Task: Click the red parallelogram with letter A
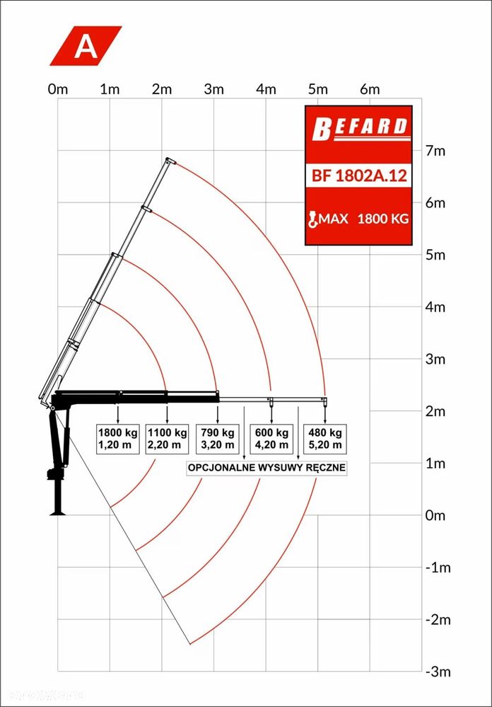click(x=86, y=45)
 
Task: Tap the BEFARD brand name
click(x=360, y=127)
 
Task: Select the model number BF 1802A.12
click(x=359, y=175)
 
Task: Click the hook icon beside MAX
click(x=312, y=219)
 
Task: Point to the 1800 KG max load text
click(x=383, y=219)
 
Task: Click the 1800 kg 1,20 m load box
click(x=118, y=439)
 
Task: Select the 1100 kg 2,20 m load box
click(x=168, y=439)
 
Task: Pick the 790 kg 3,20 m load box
click(x=218, y=439)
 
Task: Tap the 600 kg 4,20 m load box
click(x=271, y=439)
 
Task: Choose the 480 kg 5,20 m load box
click(x=325, y=439)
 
